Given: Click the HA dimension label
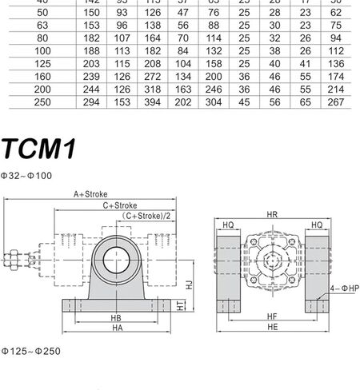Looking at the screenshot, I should coord(117,328).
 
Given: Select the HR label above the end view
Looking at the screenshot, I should coord(273,215).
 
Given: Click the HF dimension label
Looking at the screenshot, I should coord(272,317).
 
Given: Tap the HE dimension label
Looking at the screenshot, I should coord(272,328).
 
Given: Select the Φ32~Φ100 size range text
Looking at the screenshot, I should coord(26,174).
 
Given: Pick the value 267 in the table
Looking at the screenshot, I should coord(336,102).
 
